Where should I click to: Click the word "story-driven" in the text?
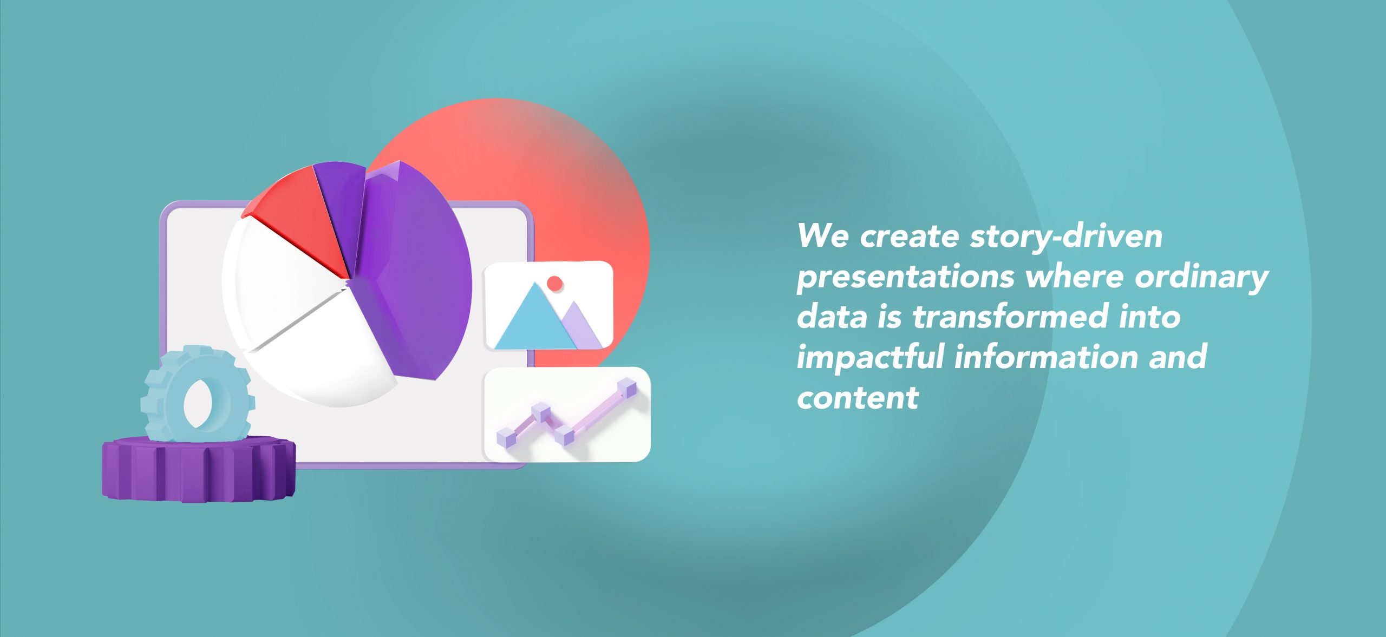(1065, 237)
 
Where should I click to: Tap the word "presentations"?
(905, 278)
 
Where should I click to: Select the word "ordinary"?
(1201, 278)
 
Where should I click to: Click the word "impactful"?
(870, 358)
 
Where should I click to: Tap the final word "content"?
(858, 398)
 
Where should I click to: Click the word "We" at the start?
(823, 237)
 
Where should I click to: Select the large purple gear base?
(198, 471)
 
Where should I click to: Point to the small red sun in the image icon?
(555, 283)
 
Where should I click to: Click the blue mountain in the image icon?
(533, 322)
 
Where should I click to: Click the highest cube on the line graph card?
(627, 389)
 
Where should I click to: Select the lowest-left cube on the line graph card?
(505, 437)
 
